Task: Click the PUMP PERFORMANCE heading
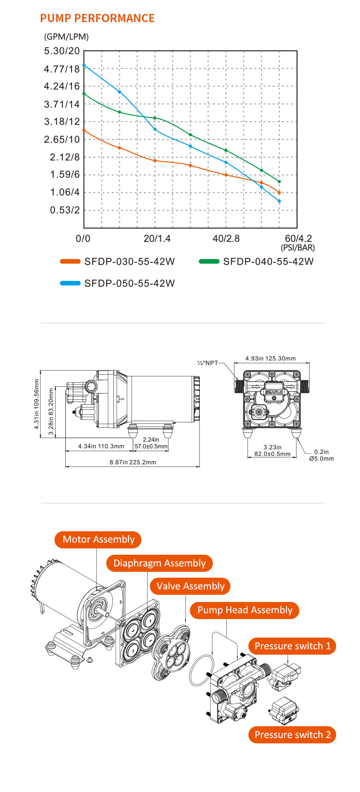[97, 18]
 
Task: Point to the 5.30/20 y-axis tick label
[62, 51]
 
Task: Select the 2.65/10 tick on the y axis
[62, 139]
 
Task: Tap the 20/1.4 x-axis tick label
[157, 238]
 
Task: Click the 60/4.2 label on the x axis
[298, 238]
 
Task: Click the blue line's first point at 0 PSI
[84, 65]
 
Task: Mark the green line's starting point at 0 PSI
[84, 94]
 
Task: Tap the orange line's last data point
[279, 193]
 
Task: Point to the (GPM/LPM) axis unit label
[67, 37]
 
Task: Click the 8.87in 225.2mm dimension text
[133, 462]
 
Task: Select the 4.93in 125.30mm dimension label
[270, 358]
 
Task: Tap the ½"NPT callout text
[207, 363]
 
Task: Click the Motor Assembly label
[98, 539]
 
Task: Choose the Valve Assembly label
[190, 586]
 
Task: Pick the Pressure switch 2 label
[292, 735]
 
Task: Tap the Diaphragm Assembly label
[159, 563]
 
